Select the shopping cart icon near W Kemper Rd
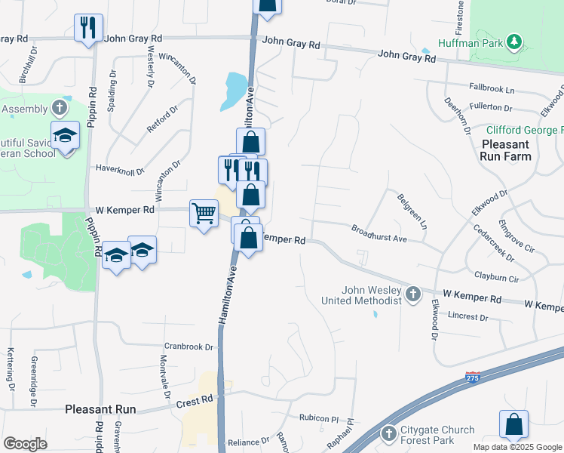click(x=204, y=214)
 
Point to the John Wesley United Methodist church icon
click(x=412, y=294)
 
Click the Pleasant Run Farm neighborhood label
click(x=505, y=150)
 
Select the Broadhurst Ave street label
click(x=379, y=233)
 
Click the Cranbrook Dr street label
click(x=189, y=348)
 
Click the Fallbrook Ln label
click(x=490, y=88)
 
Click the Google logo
click(x=25, y=444)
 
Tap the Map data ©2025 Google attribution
click(x=517, y=447)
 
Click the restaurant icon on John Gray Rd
click(x=88, y=28)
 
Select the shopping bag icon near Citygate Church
click(x=513, y=424)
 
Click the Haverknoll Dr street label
click(x=120, y=171)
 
